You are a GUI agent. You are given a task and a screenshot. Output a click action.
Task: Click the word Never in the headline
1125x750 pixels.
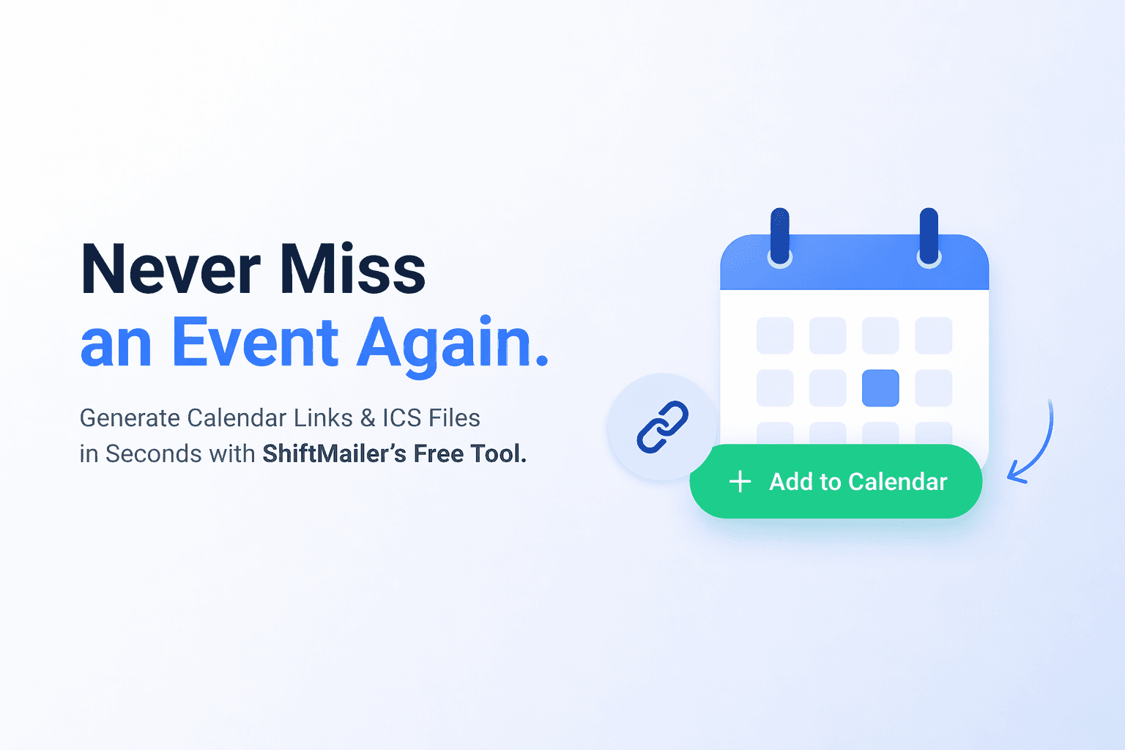[x=170, y=270]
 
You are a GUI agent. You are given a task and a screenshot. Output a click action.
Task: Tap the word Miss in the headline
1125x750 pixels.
[x=352, y=270]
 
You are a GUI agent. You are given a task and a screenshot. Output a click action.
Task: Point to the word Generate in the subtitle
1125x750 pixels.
[x=130, y=418]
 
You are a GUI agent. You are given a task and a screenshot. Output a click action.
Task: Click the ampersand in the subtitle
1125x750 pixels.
[x=367, y=418]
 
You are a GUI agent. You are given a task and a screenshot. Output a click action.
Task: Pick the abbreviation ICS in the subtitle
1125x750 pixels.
[x=402, y=418]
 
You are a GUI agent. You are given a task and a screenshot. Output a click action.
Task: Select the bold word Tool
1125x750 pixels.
[x=498, y=454]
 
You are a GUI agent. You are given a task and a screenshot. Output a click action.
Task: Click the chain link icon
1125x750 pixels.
[x=662, y=427]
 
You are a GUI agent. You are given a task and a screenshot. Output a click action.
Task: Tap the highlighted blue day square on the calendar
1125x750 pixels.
[x=880, y=388]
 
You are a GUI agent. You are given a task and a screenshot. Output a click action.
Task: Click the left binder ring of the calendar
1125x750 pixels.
[x=780, y=236]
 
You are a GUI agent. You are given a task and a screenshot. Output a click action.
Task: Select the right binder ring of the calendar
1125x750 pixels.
[x=929, y=236]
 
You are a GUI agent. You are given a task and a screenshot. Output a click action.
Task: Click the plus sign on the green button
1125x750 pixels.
[x=740, y=482]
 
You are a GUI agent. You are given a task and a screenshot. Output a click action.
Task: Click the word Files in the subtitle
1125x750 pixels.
[x=454, y=418]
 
